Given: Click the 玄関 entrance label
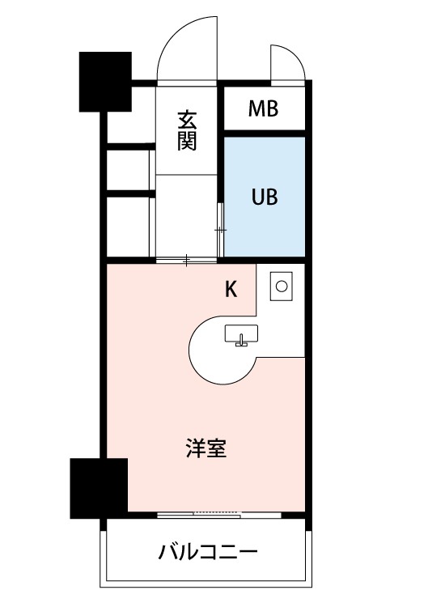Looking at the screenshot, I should pos(186,130).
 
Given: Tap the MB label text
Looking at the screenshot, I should pos(263,108).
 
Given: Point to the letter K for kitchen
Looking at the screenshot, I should pos(231,290).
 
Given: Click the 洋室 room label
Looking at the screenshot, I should pos(206,449).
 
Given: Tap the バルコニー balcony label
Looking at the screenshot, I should pos(208,554).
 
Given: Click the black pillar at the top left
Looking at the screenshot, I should pos(105,81).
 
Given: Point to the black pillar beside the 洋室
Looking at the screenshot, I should pos(99,487).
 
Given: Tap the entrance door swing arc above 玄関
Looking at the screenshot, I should pos(188,50).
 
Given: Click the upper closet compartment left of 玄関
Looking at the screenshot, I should pos(128,168).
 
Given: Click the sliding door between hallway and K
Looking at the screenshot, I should pos(186,260).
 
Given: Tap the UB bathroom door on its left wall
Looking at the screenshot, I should pos(222,231).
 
